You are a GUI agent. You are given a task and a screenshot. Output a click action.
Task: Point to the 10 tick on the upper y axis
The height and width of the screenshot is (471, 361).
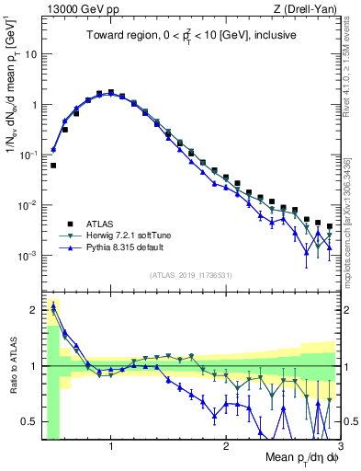coord(29,54)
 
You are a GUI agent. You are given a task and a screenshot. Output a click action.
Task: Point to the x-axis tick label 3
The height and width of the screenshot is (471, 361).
coord(340,447)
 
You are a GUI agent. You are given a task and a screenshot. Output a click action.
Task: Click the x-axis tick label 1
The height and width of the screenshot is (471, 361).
coord(111,447)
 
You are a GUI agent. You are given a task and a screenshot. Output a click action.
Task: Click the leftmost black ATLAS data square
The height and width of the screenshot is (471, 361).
coord(53,166)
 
